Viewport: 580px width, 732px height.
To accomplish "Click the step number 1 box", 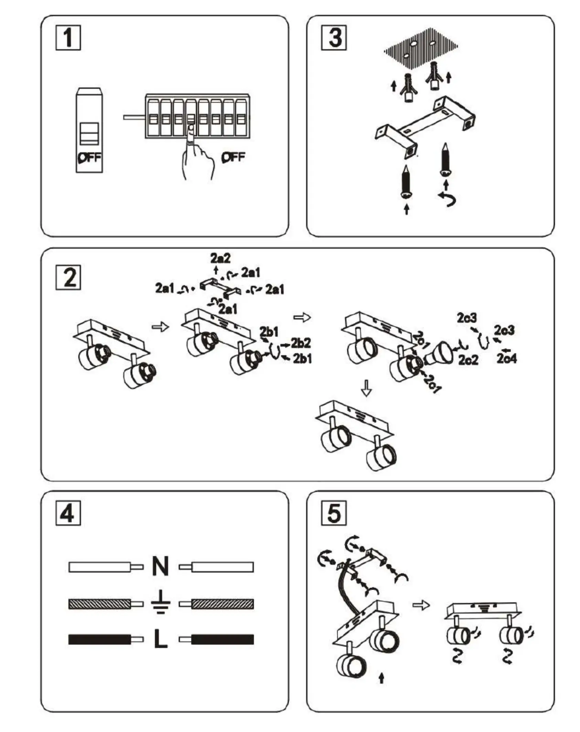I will (68, 37).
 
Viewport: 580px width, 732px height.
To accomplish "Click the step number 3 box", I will (333, 37).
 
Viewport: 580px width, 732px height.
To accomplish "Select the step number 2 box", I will (68, 277).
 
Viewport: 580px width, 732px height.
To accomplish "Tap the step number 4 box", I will (68, 513).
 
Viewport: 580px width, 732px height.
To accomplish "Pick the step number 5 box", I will (333, 513).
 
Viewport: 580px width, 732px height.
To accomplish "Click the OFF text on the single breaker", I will (89, 158).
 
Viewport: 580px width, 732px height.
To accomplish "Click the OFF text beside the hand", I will (233, 157).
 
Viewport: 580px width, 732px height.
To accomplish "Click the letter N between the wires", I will (160, 567).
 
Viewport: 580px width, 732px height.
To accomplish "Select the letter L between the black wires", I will (160, 640).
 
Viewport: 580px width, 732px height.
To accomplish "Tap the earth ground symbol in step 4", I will (160, 603).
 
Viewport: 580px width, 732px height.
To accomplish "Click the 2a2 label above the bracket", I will (220, 258).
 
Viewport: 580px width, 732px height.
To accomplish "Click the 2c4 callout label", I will (506, 359).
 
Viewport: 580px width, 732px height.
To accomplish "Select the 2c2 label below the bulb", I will (468, 360).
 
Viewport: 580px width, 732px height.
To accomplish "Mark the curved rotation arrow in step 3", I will (447, 199).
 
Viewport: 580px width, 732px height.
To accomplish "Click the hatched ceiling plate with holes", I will (421, 48).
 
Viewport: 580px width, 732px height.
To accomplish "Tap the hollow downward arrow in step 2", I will (367, 388).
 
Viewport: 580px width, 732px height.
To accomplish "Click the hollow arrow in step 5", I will (421, 605).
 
